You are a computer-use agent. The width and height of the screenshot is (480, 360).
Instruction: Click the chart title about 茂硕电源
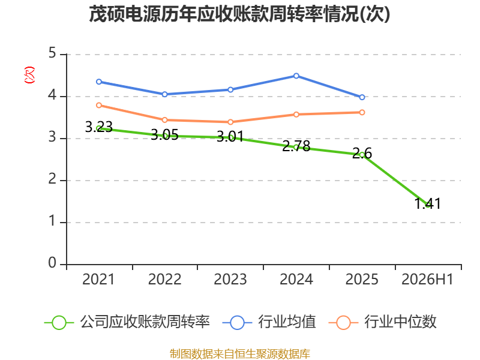[239, 14]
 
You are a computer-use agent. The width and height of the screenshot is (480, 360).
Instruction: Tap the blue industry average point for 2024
[296, 76]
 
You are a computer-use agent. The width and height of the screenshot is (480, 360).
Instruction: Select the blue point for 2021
[99, 82]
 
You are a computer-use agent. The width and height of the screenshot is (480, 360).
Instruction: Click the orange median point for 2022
[164, 119]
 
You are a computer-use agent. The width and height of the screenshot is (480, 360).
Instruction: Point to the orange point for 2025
[362, 112]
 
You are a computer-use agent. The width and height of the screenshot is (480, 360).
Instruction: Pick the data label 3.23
[98, 127]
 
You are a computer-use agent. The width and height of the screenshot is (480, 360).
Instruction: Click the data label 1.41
[428, 203]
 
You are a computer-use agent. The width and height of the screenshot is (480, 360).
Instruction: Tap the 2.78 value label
[296, 146]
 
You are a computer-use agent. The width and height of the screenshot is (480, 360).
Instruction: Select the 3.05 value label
[164, 134]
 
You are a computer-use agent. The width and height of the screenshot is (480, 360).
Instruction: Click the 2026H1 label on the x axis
[427, 279]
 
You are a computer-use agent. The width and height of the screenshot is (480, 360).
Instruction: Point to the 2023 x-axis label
[230, 279]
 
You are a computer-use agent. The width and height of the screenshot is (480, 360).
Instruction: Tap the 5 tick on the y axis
[52, 53]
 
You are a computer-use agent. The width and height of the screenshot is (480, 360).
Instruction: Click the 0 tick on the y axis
[52, 263]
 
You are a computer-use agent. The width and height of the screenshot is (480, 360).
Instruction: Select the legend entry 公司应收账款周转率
[127, 322]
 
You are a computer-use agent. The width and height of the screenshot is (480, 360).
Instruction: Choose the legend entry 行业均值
[269, 322]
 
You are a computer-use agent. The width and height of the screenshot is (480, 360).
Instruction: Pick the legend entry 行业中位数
[382, 322]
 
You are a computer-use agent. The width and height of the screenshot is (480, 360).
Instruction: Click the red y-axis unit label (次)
[29, 75]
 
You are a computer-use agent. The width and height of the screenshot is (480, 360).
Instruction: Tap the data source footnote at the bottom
[240, 353]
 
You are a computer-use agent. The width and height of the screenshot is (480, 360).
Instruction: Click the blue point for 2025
[362, 97]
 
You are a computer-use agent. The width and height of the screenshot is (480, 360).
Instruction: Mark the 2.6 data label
[362, 153]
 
